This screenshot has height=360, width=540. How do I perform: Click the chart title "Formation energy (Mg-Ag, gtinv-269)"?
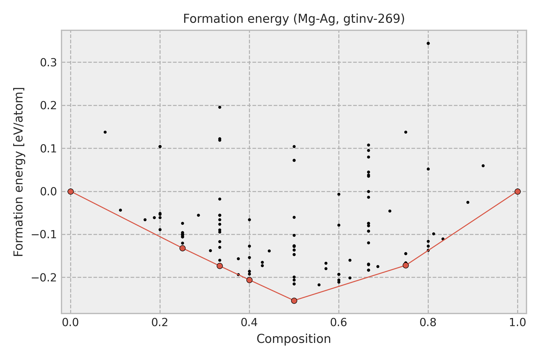coord(294,19)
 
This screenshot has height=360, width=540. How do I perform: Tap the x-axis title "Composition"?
coord(294,339)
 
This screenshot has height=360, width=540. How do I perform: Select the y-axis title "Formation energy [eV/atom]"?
coord(19,172)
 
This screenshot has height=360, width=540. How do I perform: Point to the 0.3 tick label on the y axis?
coord(49,62)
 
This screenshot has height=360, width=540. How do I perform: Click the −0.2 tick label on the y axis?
coord(45,277)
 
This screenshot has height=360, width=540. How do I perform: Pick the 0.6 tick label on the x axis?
coord(339,322)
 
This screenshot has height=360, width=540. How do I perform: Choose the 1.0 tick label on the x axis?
coord(517,322)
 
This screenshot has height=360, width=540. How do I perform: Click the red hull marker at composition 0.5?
coord(294,301)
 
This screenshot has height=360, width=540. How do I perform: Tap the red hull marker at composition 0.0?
coord(70,191)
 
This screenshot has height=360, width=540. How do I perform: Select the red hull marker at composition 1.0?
coord(517,191)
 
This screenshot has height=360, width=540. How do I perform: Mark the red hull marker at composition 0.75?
coord(406,265)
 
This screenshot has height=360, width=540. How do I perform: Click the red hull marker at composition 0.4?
coord(249,280)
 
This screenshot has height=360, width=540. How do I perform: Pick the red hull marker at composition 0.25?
coord(182,248)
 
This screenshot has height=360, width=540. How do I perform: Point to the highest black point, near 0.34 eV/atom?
coord(428,43)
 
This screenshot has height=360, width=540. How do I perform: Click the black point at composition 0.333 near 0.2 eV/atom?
coord(220,107)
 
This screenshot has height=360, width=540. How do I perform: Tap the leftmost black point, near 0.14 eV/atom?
coord(105,132)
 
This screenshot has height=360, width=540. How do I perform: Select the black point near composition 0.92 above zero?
coord(483,166)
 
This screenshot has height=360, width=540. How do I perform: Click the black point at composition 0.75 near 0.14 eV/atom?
coord(406,132)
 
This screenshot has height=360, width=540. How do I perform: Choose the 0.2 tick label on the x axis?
coord(160,322)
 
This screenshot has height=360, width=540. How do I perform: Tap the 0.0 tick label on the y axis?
coord(49,191)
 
